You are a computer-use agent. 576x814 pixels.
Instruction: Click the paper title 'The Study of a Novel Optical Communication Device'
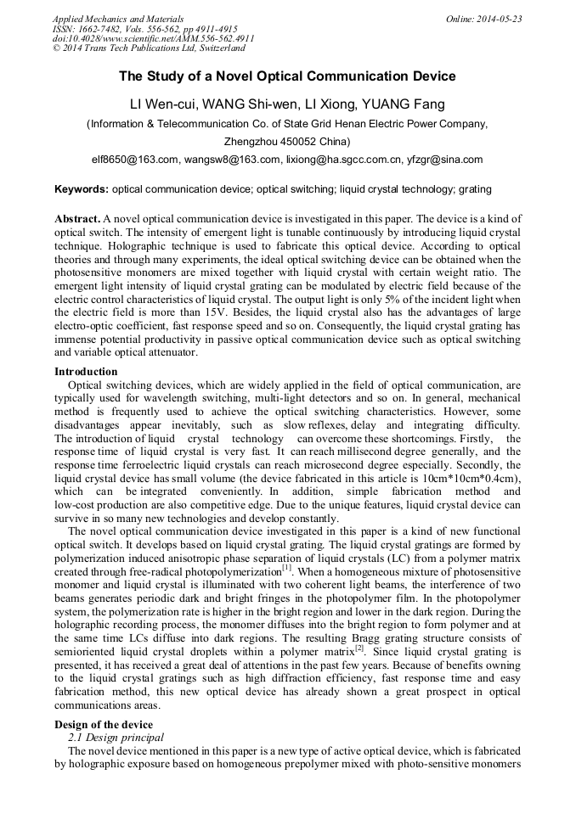click(287, 76)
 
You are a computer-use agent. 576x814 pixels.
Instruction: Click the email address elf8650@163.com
click(135, 159)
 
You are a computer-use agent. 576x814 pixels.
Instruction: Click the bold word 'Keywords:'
click(82, 189)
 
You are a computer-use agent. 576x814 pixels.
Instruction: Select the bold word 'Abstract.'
click(77, 219)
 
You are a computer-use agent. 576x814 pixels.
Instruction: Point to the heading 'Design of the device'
click(104, 724)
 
